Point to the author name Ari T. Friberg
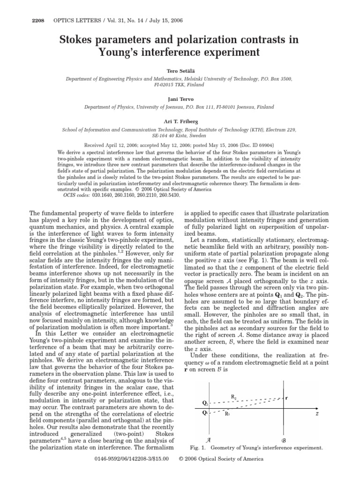pos(180,122)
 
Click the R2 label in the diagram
pos(234,397)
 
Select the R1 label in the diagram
pos(227,413)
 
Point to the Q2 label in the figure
pos(204,403)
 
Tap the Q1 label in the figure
pos(204,412)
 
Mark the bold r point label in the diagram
pos(286,397)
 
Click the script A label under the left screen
pos(208,441)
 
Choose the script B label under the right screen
pos(283,441)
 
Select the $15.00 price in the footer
pos(158,469)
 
